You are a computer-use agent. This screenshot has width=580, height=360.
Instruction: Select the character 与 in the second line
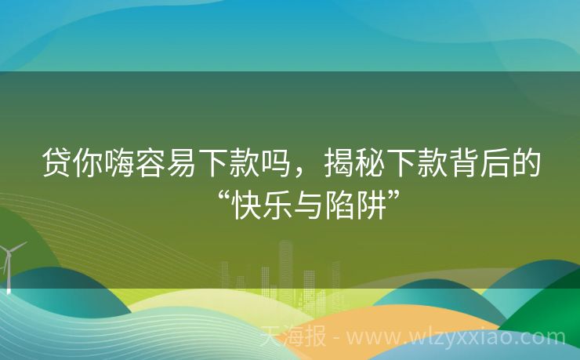(309, 202)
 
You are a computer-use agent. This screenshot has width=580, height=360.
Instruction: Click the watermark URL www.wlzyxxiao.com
(455, 338)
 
